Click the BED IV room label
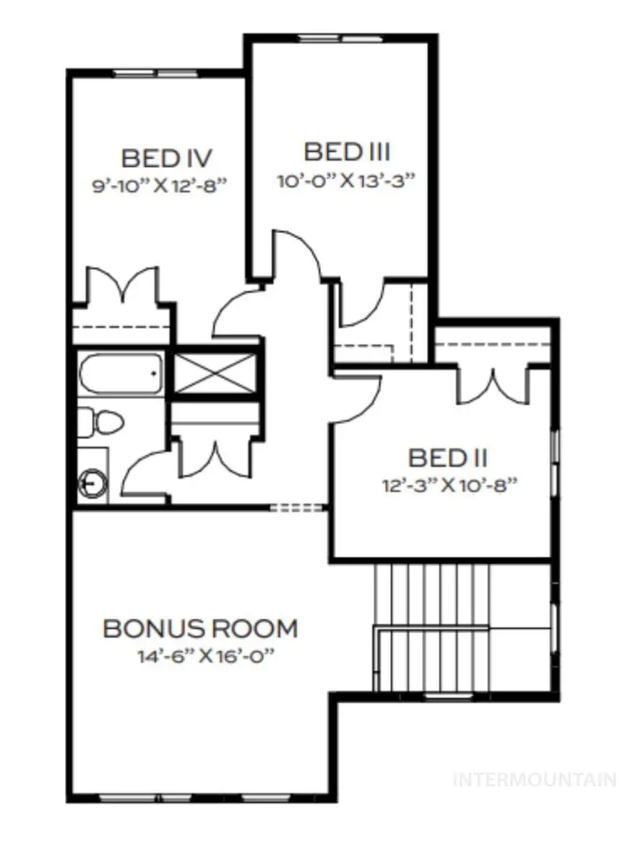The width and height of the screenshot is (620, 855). point(165,158)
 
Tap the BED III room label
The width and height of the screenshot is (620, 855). point(347,153)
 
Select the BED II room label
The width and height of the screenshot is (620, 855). point(448,458)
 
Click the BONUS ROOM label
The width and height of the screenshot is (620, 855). point(200,629)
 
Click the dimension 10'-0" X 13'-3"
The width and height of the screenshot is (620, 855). point(348,180)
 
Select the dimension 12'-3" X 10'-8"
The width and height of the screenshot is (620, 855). point(452,485)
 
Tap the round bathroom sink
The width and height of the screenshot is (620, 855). point(92,481)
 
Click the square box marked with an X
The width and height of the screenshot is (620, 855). point(215,371)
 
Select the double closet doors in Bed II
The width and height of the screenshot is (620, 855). point(494,387)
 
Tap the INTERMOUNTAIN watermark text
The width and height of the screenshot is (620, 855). point(534,780)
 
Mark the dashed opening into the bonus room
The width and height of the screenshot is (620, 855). point(298,508)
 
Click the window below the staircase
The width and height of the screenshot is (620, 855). point(444,696)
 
